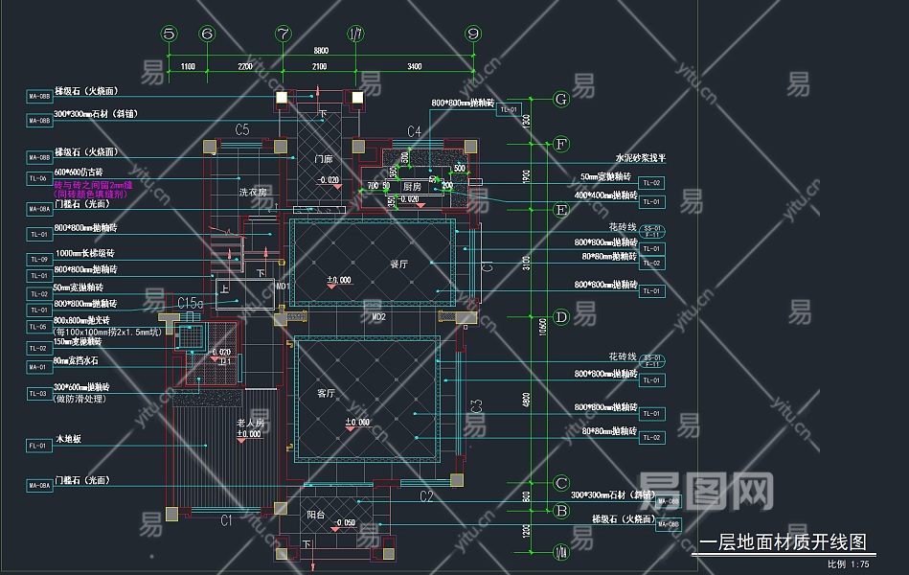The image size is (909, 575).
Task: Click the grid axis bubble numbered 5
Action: click(170, 34)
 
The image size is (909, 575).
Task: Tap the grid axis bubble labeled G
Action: click(561, 99)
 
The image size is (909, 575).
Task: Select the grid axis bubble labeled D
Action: click(561, 317)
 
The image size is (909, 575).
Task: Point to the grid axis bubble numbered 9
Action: click(472, 34)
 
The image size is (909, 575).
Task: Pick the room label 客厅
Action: click(326, 393)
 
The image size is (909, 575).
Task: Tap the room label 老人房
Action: click(251, 422)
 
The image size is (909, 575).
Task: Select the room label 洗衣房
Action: click(253, 192)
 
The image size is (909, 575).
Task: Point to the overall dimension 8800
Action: click(321, 51)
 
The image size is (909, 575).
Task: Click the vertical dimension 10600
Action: click(543, 326)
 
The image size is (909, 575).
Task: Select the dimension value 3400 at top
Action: click(414, 66)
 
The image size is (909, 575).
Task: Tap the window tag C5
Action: click(242, 128)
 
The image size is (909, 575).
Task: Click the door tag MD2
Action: click(378, 315)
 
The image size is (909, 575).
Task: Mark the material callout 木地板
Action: click(70, 439)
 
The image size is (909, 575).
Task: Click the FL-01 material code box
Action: click(38, 446)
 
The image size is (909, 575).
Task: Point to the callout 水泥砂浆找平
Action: click(640, 159)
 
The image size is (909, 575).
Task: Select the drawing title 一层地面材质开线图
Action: click(783, 543)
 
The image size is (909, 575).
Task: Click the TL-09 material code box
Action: click(38, 260)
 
